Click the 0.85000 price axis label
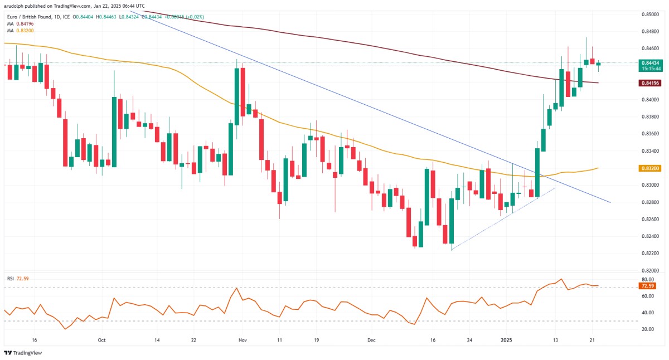coord(651,14)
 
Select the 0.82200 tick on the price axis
coord(651,254)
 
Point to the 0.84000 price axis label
coord(651,100)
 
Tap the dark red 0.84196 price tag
coord(651,83)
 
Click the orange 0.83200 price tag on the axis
coord(651,168)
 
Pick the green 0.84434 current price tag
coord(651,62)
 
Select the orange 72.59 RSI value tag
coord(647,286)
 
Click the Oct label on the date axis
coord(101,339)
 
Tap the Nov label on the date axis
coord(241,339)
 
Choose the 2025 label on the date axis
coord(506,339)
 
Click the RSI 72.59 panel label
coord(18,278)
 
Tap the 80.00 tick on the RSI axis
coord(647,279)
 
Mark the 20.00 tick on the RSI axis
coord(647,329)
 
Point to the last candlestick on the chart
coord(598,64)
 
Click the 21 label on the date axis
coord(594,339)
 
